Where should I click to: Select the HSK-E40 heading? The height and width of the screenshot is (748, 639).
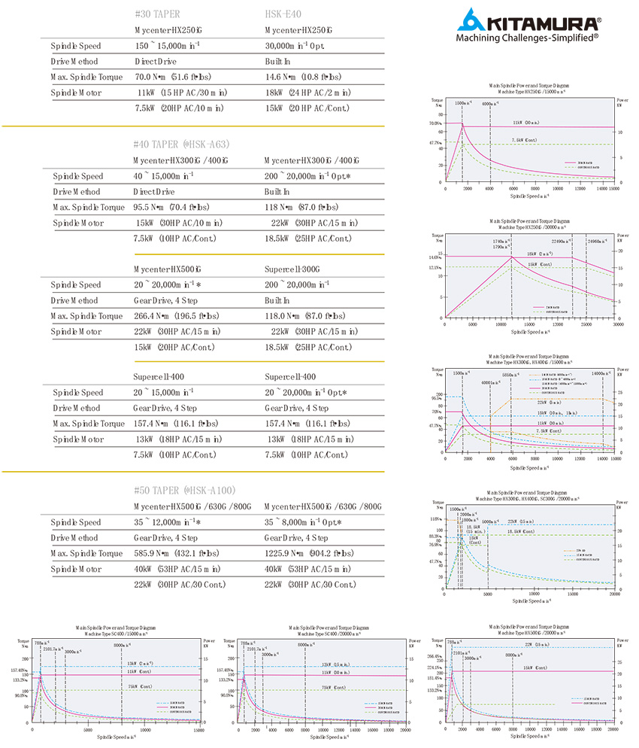pos(283,13)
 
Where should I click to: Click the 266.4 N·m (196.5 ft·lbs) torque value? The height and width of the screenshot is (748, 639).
pos(177,316)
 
